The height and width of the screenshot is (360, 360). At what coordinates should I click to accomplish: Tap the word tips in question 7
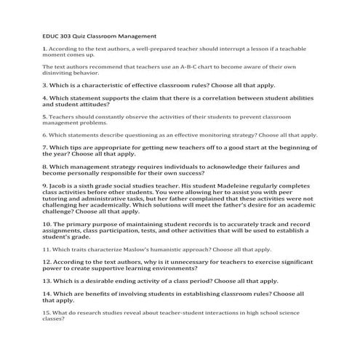(76, 148)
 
